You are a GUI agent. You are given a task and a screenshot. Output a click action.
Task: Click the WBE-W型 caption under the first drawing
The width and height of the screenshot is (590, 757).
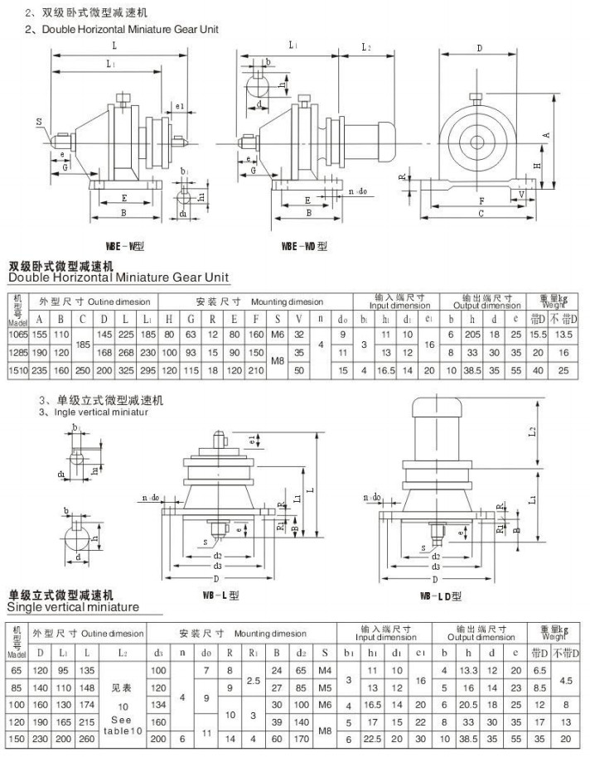pos(125,246)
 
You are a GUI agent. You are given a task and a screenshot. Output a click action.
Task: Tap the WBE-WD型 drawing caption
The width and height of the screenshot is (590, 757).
pos(304,246)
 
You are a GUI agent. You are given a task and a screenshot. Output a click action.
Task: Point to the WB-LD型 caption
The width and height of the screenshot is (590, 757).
pos(440,595)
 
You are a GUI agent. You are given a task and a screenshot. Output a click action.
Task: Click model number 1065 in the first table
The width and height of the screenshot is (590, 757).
pos(17,333)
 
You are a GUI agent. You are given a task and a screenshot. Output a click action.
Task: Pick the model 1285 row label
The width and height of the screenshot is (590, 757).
pos(17,352)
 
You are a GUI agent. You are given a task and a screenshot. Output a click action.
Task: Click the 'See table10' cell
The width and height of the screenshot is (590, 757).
pos(122,703)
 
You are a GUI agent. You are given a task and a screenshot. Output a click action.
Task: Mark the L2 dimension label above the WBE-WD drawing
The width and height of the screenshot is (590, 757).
pos(366,47)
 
